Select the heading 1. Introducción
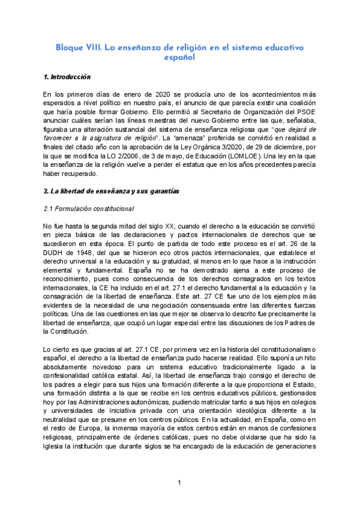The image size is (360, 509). [67, 77]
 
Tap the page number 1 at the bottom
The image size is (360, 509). [179, 483]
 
